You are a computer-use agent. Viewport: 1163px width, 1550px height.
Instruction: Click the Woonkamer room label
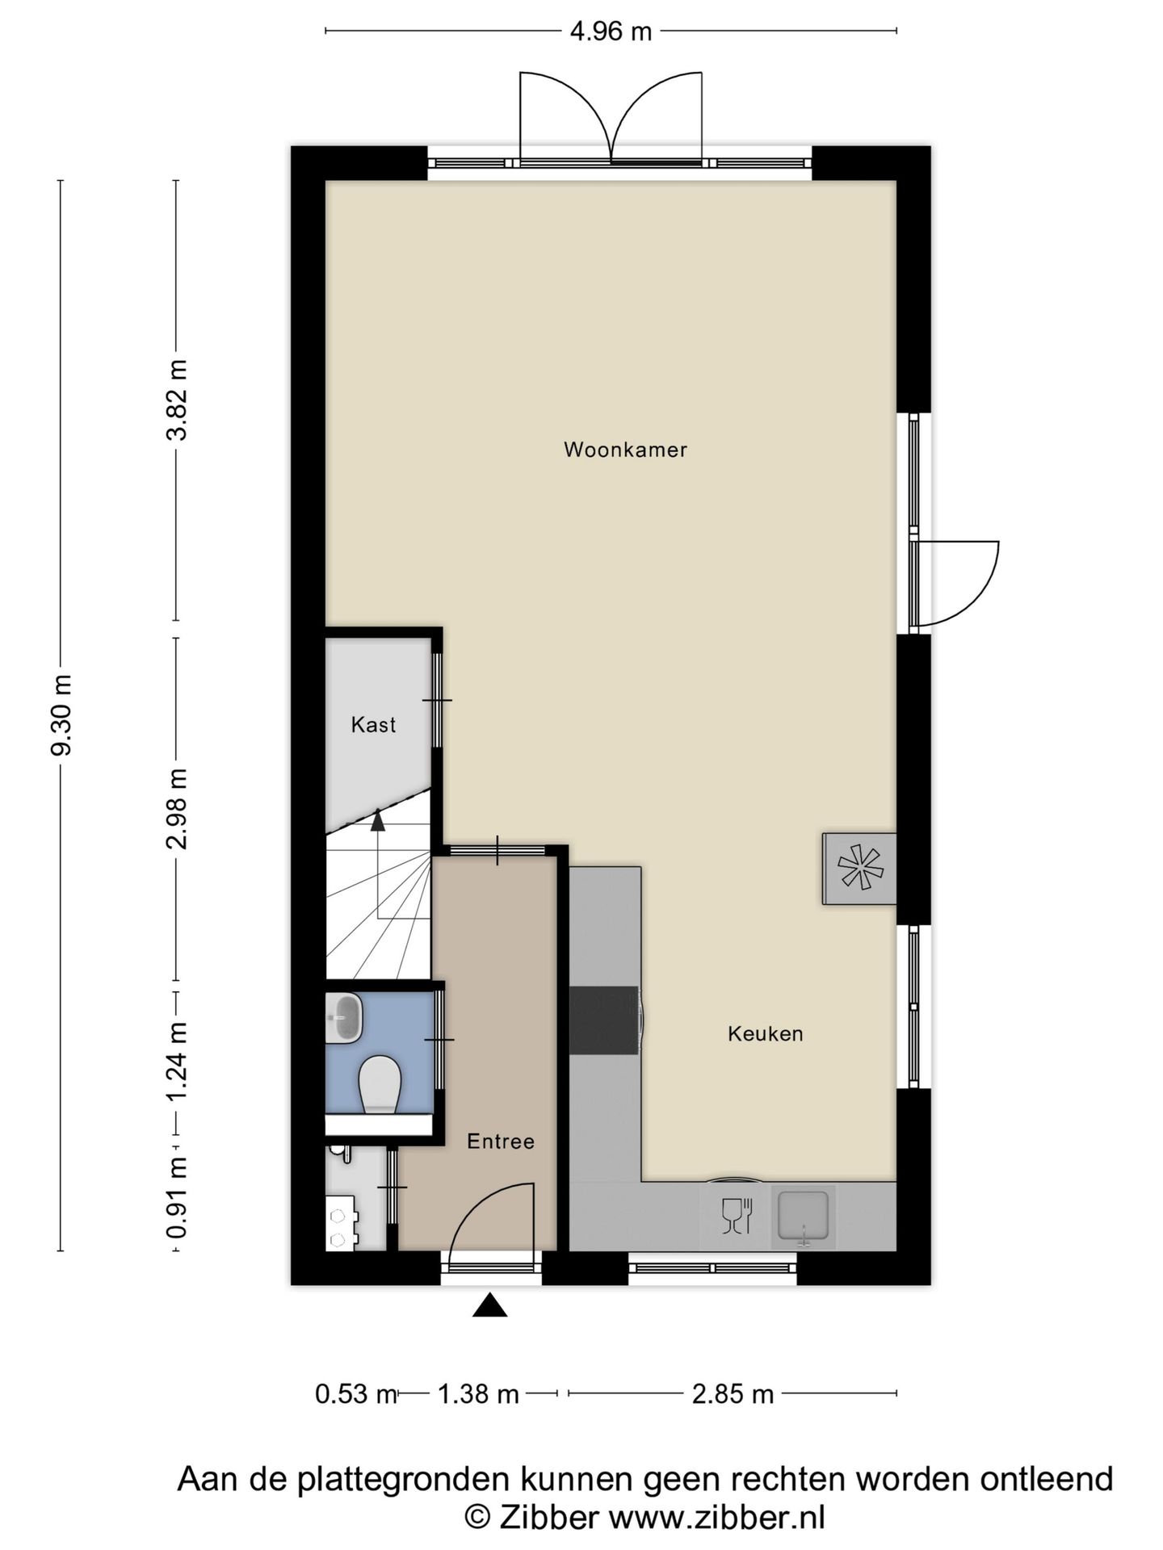pos(625,450)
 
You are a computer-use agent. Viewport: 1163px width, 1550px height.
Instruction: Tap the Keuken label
pos(765,1034)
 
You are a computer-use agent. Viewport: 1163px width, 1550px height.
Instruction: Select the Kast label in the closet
pos(373,725)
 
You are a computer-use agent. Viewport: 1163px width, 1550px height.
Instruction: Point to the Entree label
pos(501,1142)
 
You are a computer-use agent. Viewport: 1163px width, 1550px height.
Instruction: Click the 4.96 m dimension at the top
pos(611,31)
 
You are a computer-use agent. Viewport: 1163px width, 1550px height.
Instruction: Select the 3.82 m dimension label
pos(177,400)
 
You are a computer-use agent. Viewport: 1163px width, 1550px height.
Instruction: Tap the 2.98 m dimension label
pos(177,808)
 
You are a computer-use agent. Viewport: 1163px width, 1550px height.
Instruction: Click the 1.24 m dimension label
pos(177,1061)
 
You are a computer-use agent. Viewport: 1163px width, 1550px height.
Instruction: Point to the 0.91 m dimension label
pos(177,1197)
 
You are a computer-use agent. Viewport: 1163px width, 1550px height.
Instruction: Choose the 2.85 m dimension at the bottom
pos(733,1394)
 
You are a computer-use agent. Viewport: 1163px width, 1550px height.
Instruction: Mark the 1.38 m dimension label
pos(477,1394)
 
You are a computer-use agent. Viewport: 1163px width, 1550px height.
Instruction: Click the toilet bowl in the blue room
pos(380,1083)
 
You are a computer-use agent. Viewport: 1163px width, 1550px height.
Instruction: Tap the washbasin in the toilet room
pos(344,1017)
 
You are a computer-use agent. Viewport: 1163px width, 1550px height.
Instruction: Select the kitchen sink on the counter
pos(804,1216)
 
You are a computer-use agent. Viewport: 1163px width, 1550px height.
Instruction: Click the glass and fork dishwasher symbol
pos(737,1216)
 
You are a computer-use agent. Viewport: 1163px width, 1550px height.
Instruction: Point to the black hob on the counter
pos(605,1020)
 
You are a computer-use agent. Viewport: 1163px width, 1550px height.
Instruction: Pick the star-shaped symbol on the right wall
pos(860,869)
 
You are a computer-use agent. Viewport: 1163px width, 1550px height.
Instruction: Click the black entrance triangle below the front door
pos(489,1305)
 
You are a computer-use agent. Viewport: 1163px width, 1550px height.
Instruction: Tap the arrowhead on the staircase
pos(377,819)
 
